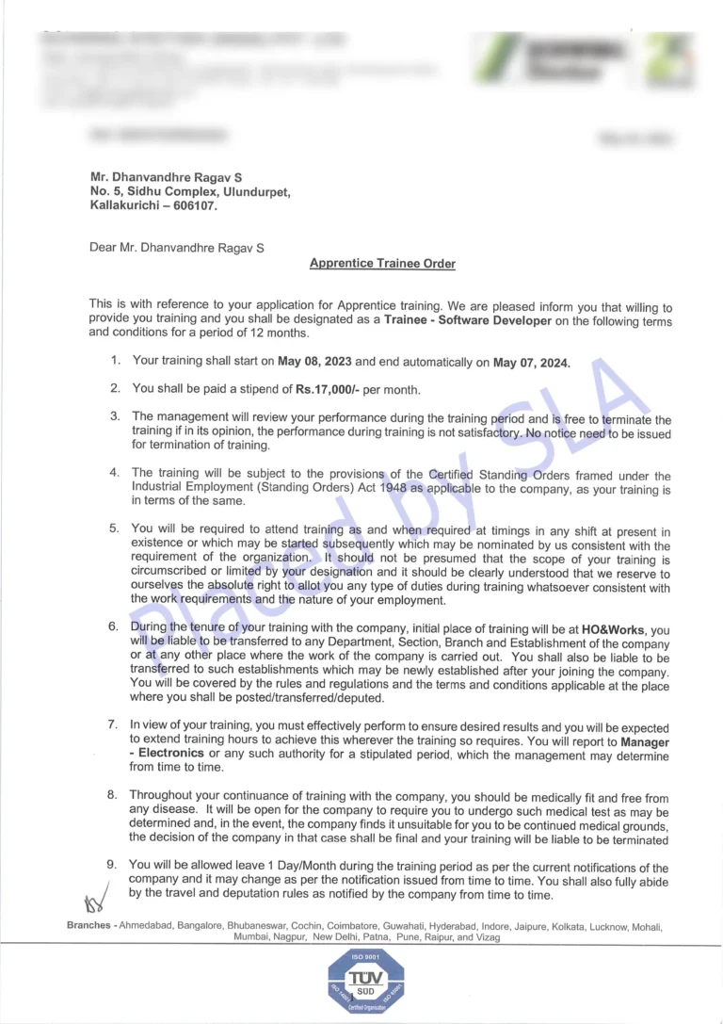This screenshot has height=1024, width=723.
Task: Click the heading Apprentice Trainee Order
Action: (x=382, y=264)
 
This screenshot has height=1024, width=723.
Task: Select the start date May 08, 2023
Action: (x=313, y=361)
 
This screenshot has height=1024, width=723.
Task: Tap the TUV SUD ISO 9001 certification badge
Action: (x=366, y=982)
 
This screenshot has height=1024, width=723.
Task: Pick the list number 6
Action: (x=113, y=626)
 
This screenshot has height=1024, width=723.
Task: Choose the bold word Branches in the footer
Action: (x=89, y=926)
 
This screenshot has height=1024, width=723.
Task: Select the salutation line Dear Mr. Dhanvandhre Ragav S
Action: (x=177, y=249)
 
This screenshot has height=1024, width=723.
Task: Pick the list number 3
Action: (x=115, y=415)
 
